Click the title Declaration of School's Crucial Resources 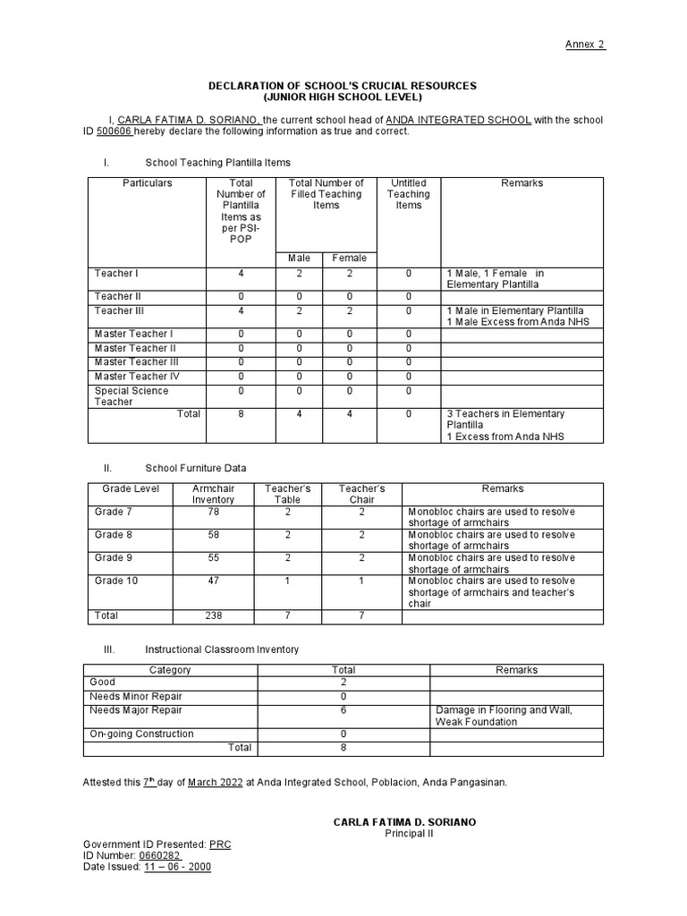coord(343,86)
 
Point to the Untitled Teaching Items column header coord(409,194)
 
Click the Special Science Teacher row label coord(131,396)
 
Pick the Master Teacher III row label coord(137,362)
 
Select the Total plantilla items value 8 coord(241,414)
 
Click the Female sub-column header coord(349,259)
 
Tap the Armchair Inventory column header coord(213,494)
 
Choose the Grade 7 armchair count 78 coord(213,512)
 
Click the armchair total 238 coord(213,615)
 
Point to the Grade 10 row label coord(116,581)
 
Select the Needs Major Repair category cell coord(136,710)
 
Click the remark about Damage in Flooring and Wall coord(503,716)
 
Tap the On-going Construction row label coord(141,734)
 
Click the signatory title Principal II coord(409,834)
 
